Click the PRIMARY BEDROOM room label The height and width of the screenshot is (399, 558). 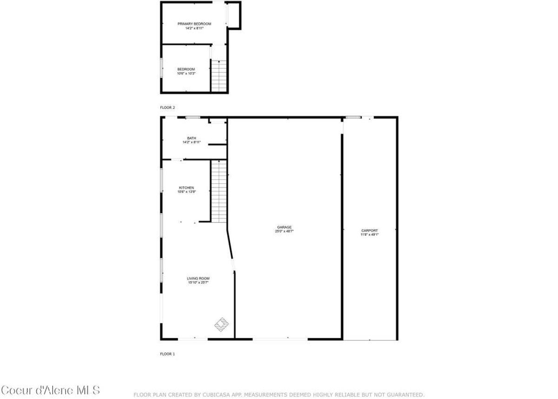point(194,24)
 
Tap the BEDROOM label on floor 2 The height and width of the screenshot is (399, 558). point(186,69)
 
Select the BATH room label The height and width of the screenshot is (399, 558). point(192,138)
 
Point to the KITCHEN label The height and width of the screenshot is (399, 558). point(186,188)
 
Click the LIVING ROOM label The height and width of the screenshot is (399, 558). point(198,278)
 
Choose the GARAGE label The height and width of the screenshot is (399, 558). point(285,227)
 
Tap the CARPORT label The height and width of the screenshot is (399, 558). point(370,230)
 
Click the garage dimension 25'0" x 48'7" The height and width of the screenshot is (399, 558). point(285,231)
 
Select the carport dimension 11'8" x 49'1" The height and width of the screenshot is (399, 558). point(370,235)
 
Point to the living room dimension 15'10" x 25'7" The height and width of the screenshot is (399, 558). point(198,283)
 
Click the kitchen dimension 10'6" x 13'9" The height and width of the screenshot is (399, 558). point(186,192)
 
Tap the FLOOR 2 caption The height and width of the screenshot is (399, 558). point(167,108)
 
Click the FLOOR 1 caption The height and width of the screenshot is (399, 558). point(167,354)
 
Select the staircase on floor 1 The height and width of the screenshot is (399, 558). point(219,191)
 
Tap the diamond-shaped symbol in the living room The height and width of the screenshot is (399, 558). point(221,324)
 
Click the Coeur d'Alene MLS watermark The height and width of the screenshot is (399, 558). point(50,390)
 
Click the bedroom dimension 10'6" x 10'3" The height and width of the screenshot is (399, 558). point(186,74)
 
